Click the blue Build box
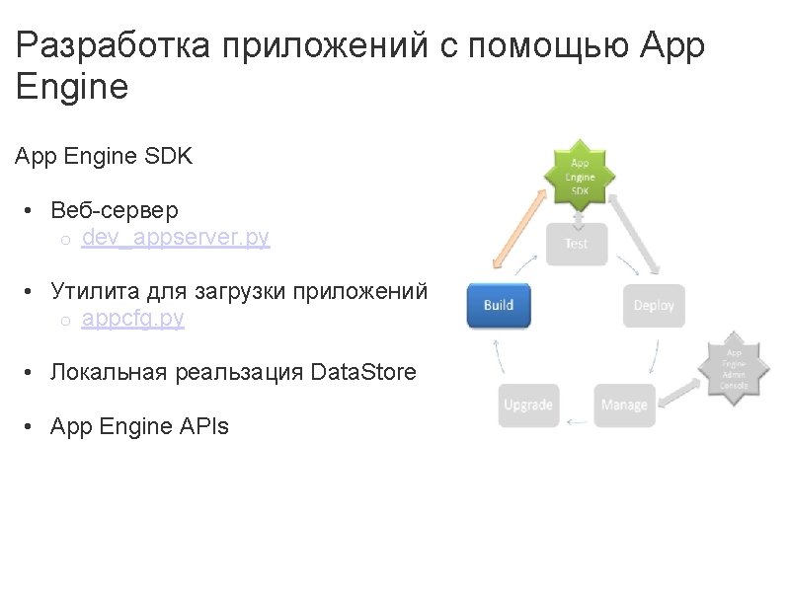click(x=499, y=305)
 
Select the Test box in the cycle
click(x=576, y=243)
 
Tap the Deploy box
click(x=654, y=305)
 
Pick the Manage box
click(x=624, y=405)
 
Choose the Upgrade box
click(x=528, y=405)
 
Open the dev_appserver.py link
click(x=176, y=238)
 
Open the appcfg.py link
click(x=133, y=319)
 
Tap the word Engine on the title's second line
click(x=73, y=87)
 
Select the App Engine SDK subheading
click(x=104, y=156)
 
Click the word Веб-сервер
click(x=115, y=210)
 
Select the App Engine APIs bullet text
click(x=139, y=426)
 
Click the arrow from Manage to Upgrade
click(x=576, y=421)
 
